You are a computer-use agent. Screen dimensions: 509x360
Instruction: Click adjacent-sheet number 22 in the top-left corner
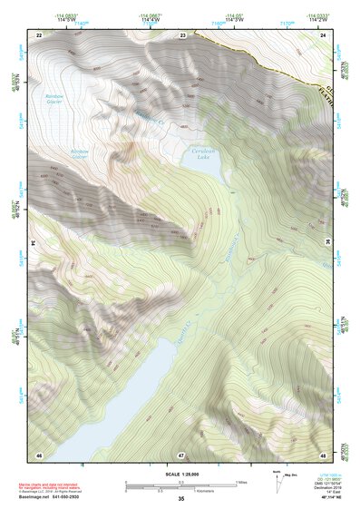point(39,34)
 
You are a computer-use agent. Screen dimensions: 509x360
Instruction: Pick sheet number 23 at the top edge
point(182,34)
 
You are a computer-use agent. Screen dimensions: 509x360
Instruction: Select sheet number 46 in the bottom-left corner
point(39,454)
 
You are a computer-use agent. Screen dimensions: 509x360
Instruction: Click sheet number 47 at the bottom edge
point(181,454)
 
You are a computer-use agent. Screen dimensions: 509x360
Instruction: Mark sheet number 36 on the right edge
point(327,242)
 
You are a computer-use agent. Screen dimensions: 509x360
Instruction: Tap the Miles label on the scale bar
point(240,481)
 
